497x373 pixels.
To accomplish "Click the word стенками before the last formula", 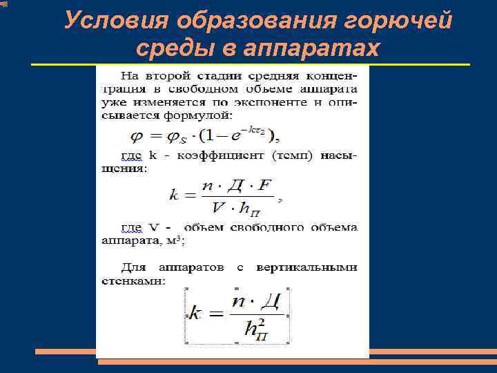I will pyautogui.click(x=142, y=281).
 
